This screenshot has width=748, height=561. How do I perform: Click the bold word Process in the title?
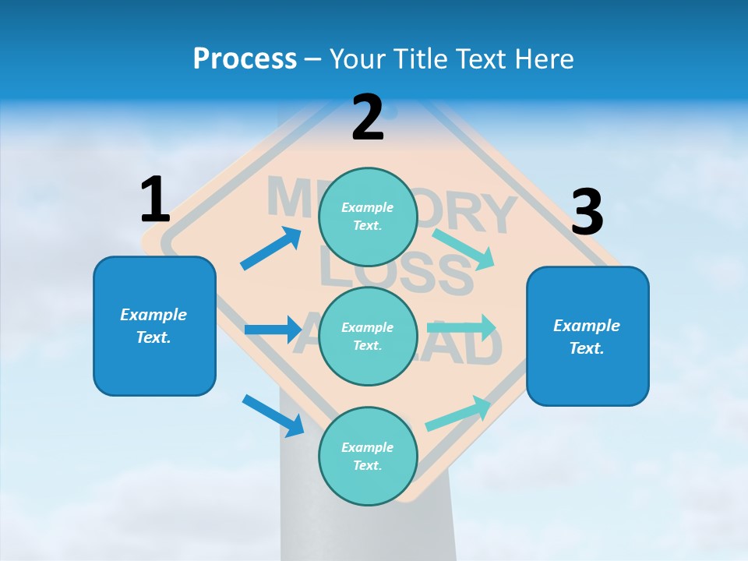(x=245, y=59)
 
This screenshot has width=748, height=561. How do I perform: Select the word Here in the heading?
(x=543, y=59)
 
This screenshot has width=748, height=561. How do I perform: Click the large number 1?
(x=155, y=199)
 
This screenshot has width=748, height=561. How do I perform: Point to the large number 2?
(x=368, y=118)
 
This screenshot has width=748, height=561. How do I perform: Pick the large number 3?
(x=587, y=212)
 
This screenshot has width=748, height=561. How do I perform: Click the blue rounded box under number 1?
(x=154, y=326)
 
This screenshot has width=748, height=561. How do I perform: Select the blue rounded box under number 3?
(x=587, y=336)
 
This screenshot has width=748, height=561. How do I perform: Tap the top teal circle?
(x=368, y=217)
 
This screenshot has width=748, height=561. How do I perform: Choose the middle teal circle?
(x=368, y=336)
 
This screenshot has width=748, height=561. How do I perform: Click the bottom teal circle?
(x=368, y=456)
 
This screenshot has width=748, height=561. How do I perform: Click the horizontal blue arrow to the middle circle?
(x=273, y=330)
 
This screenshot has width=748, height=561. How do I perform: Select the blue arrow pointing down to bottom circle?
(x=273, y=415)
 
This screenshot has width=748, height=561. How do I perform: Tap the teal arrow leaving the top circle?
(x=463, y=249)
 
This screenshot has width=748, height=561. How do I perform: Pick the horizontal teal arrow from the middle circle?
(x=461, y=327)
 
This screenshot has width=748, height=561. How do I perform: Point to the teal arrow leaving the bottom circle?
(x=457, y=414)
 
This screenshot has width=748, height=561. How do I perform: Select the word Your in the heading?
(x=355, y=59)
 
